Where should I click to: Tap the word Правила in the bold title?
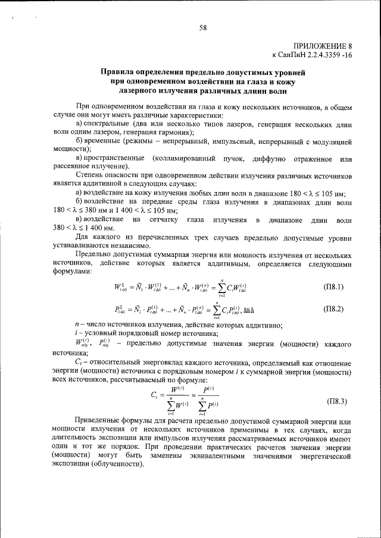tap(117, 73)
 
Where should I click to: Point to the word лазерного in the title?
tap(139, 92)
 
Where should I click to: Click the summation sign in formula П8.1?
tap(220, 288)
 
